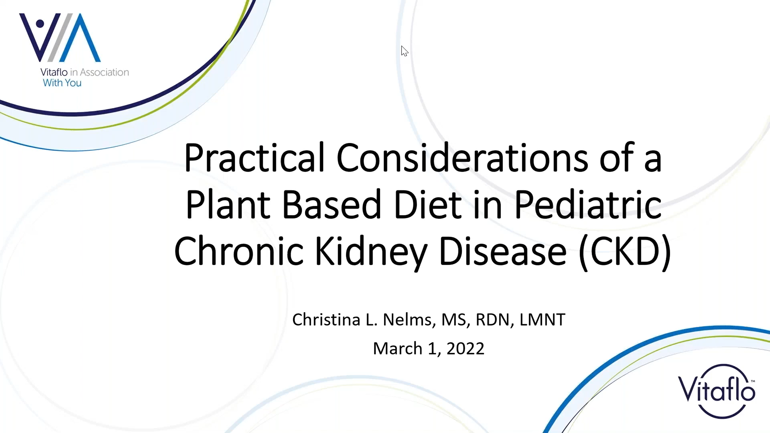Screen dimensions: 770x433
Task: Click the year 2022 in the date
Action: click(465, 348)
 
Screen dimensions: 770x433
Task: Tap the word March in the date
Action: click(398, 348)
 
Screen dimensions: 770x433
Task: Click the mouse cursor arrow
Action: click(404, 51)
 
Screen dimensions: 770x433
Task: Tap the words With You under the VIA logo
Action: click(62, 83)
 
